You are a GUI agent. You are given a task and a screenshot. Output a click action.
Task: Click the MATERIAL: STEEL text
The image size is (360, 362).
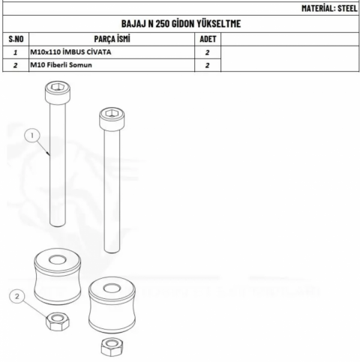click(x=329, y=8)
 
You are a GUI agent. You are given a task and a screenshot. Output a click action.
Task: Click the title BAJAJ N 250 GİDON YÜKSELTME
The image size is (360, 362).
click(x=181, y=24)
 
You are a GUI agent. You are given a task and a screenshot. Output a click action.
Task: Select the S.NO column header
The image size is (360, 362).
click(x=16, y=39)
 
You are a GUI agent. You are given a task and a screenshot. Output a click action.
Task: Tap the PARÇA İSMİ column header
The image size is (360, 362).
click(x=112, y=39)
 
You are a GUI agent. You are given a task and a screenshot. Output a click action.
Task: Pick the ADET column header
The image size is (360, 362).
click(x=208, y=39)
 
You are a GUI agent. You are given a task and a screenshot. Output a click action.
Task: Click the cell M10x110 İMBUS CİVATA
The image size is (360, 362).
click(x=70, y=52)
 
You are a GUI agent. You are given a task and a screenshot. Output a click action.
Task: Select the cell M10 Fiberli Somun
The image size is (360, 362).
click(x=61, y=65)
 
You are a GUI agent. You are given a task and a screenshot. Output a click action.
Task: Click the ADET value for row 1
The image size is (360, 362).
click(x=207, y=52)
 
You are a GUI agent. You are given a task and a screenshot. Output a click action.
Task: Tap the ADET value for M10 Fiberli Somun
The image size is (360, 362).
click(x=207, y=65)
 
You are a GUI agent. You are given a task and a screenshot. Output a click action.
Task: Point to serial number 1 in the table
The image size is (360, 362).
click(x=16, y=52)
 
